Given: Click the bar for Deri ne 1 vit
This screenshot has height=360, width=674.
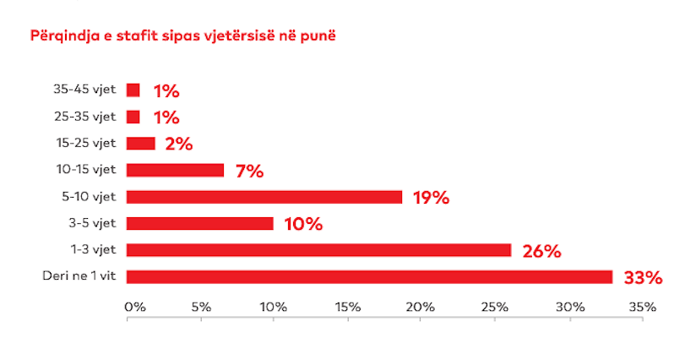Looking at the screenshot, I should [x=369, y=277].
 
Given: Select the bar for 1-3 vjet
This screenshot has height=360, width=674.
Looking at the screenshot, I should [x=318, y=250].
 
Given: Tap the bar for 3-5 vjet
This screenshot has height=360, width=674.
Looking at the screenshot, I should [x=200, y=223].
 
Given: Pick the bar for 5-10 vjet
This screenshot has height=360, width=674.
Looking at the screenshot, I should [x=264, y=197].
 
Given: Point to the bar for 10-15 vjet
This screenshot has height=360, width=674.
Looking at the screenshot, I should [x=175, y=170].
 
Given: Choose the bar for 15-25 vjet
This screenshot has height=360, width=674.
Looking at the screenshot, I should [x=141, y=143].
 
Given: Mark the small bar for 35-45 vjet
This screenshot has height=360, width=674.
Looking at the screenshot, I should [x=133, y=90].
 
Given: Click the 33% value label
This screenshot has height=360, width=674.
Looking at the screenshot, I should [x=643, y=278].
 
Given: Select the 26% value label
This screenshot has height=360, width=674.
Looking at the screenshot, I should [x=541, y=251].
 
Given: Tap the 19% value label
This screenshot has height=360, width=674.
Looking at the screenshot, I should [x=430, y=198].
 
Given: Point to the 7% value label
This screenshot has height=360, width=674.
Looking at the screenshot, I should [x=250, y=171].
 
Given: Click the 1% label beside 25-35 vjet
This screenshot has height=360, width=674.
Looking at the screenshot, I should [x=166, y=117].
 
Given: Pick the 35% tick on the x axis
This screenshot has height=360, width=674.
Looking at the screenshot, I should [x=642, y=307].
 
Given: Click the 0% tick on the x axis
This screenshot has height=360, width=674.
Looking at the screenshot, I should [x=134, y=307].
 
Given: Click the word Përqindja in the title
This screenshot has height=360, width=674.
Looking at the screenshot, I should [x=62, y=37].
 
